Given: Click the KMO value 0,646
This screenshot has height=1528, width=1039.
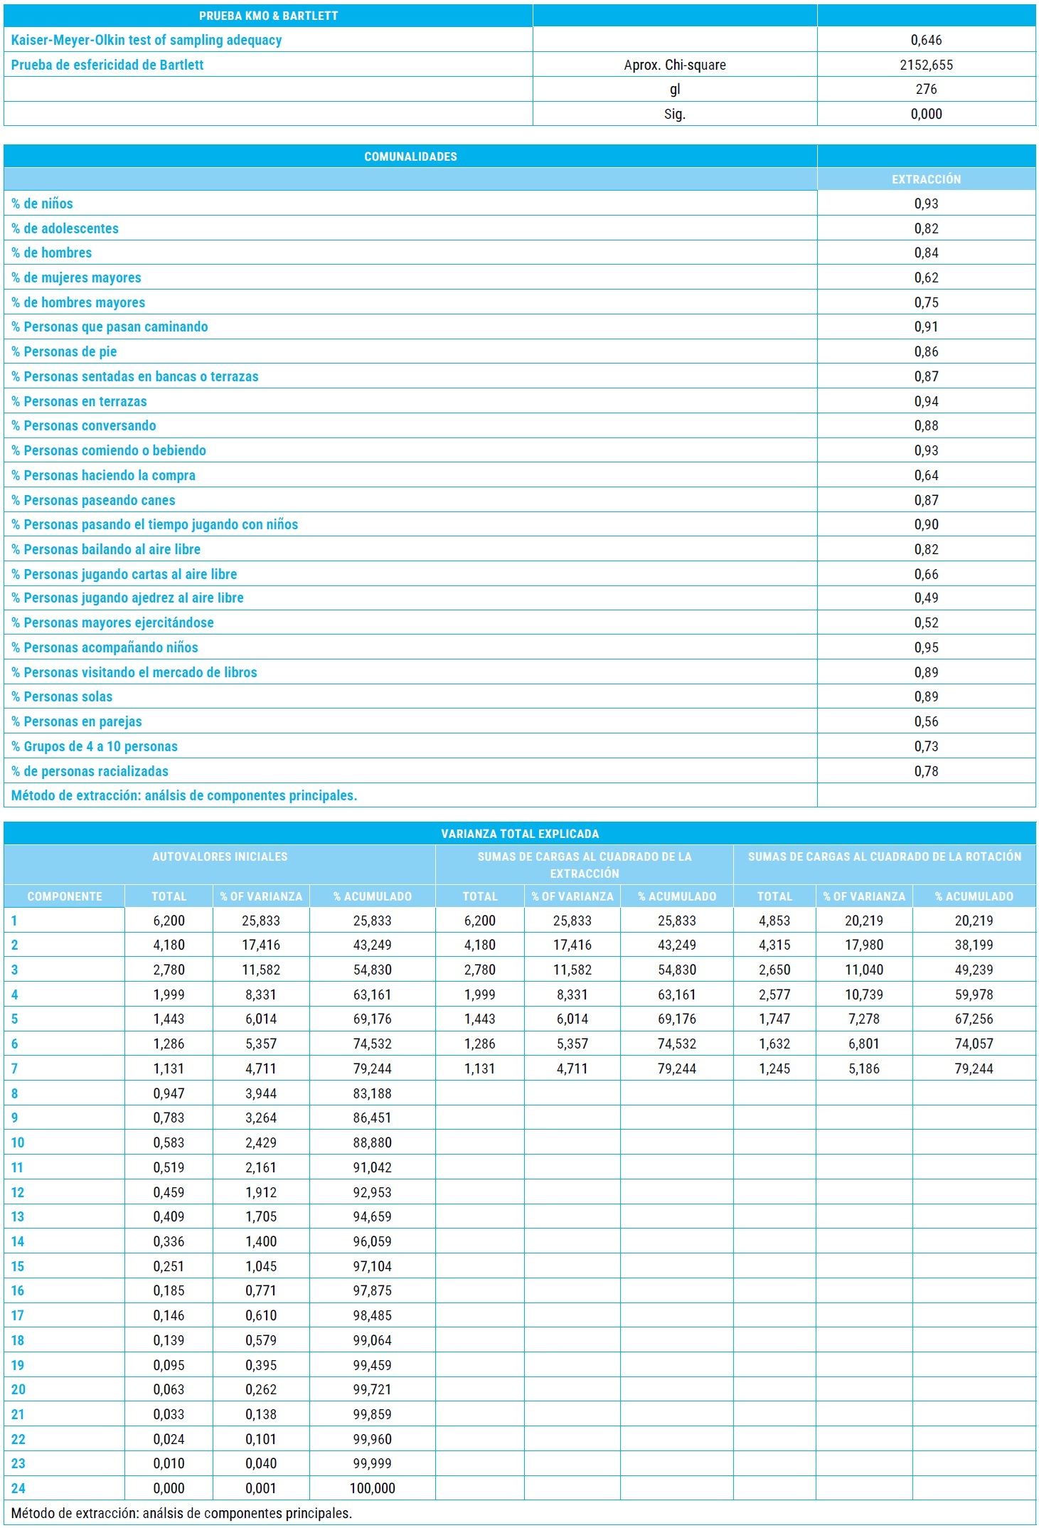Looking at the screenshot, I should click(x=926, y=40).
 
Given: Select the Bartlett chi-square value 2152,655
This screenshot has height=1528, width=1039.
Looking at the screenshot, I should click(x=926, y=65).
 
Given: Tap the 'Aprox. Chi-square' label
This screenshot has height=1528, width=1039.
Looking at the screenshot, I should click(x=674, y=65).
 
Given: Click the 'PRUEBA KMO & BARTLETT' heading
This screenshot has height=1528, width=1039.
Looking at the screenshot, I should click(x=268, y=16).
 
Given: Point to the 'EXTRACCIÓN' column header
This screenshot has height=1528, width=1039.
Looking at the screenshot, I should click(x=926, y=179).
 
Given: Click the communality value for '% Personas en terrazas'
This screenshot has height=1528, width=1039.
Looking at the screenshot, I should click(x=926, y=401).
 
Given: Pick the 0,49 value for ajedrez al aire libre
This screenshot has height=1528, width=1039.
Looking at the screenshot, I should click(x=926, y=598).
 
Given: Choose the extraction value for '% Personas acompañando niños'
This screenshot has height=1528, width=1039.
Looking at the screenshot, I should click(x=926, y=647).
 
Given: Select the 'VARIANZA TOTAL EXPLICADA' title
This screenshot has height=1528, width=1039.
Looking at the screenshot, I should click(x=519, y=834).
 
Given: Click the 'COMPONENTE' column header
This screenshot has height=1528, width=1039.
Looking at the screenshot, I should click(x=65, y=896).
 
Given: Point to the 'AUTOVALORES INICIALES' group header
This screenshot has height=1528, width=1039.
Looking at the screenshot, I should click(x=220, y=856).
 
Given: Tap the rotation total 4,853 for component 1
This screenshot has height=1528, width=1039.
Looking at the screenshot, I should click(x=774, y=920).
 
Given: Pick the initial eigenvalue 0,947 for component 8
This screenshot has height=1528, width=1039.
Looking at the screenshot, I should click(x=169, y=1093).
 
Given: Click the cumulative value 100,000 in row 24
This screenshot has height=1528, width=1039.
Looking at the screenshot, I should click(x=372, y=1488).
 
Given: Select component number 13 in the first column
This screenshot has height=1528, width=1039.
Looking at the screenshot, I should click(x=18, y=1216).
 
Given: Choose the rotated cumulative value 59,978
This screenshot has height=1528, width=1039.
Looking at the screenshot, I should click(x=974, y=994).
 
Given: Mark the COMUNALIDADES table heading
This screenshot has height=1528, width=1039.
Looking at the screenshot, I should click(x=410, y=156).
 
